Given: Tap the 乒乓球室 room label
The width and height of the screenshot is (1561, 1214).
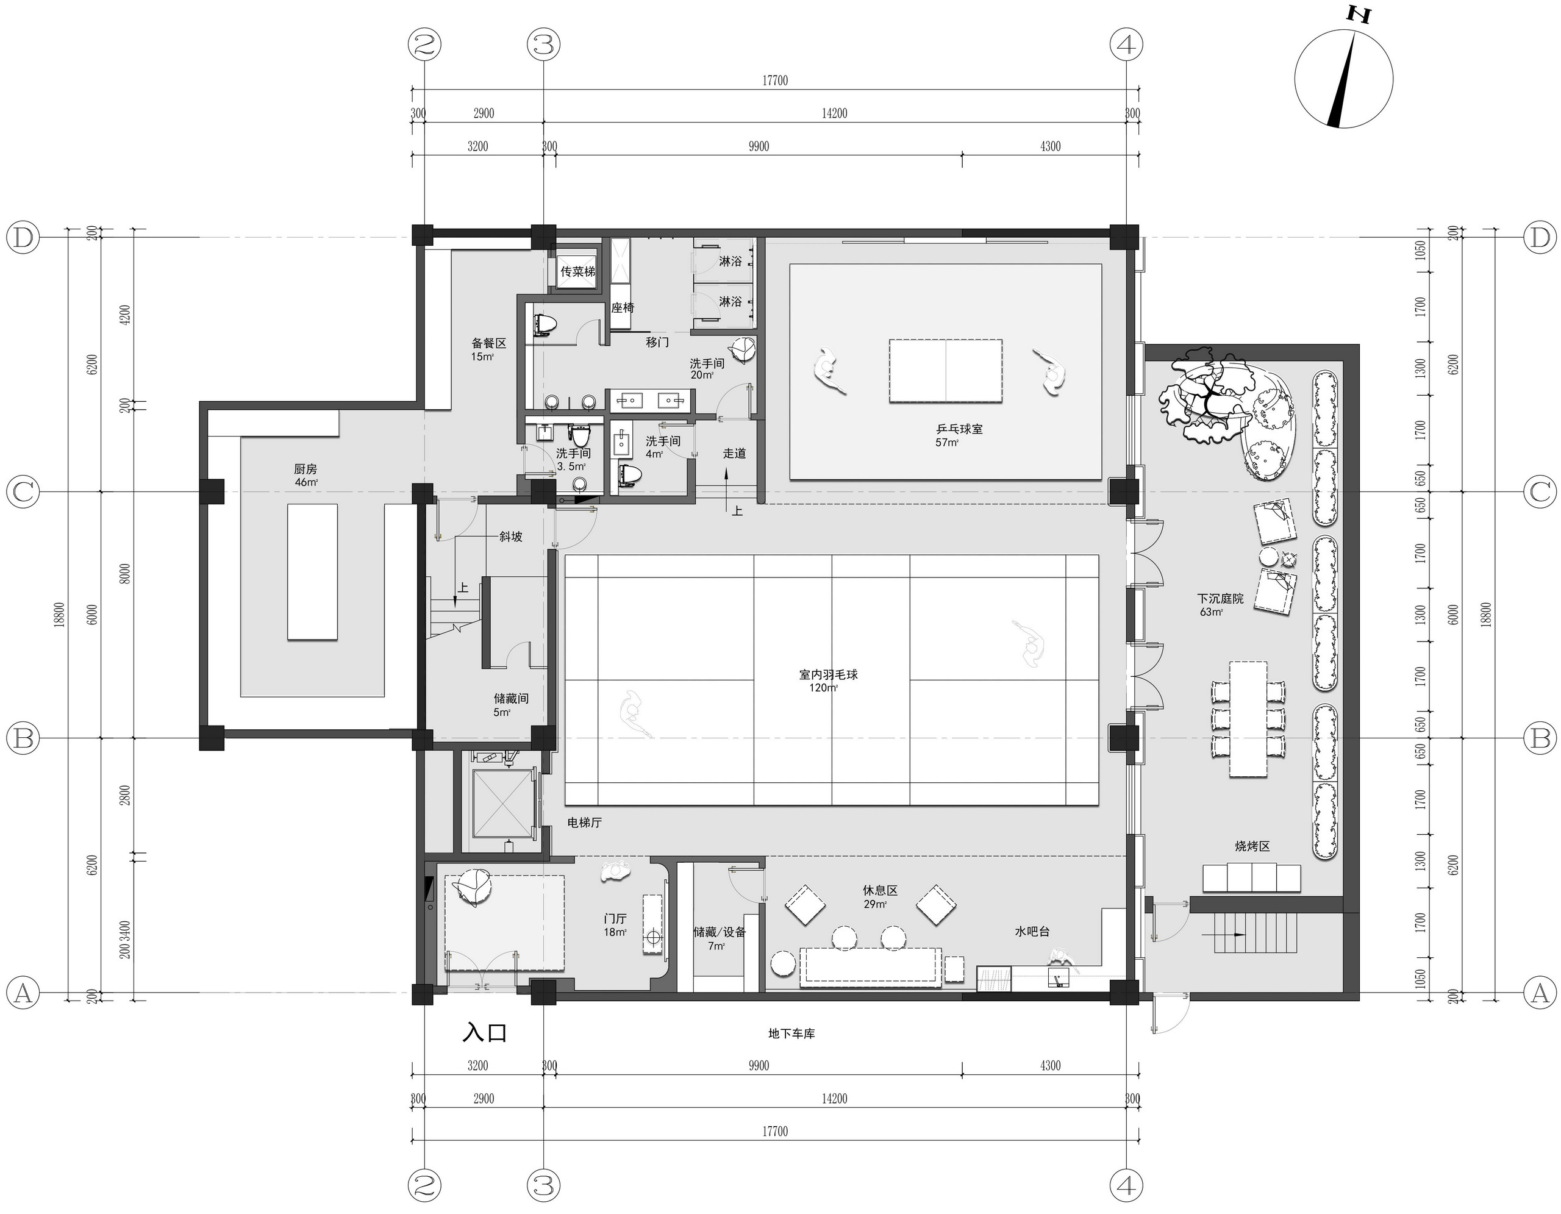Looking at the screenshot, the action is point(959,429).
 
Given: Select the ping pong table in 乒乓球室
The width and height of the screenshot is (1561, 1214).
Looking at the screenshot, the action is point(946,371).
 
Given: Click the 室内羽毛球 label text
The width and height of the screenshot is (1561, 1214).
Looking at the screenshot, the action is point(829,674).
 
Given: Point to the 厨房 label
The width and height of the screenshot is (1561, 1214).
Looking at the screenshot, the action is point(305,470).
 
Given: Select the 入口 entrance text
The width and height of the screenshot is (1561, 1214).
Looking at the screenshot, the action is point(485,1034).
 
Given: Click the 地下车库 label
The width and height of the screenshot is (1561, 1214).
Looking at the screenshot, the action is point(791,1034).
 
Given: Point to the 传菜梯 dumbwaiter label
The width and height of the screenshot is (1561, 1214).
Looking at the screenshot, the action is point(577,271).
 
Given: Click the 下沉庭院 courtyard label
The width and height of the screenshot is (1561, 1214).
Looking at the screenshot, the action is point(1220,599).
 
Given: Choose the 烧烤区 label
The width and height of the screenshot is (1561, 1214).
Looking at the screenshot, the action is point(1252,846).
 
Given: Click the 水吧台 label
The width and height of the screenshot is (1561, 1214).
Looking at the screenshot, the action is point(1032,932).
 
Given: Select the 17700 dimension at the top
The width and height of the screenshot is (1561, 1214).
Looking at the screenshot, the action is point(775,80).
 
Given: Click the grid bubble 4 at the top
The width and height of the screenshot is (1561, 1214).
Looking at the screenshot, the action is point(1126,45).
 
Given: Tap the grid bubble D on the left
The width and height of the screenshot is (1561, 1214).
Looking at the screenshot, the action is point(24,238).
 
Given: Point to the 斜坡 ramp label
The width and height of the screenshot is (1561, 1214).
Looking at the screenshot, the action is point(510,536).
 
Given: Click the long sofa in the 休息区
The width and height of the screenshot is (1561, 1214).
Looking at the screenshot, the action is point(870,968).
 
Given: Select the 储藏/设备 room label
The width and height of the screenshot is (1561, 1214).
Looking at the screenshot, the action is point(719,932).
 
